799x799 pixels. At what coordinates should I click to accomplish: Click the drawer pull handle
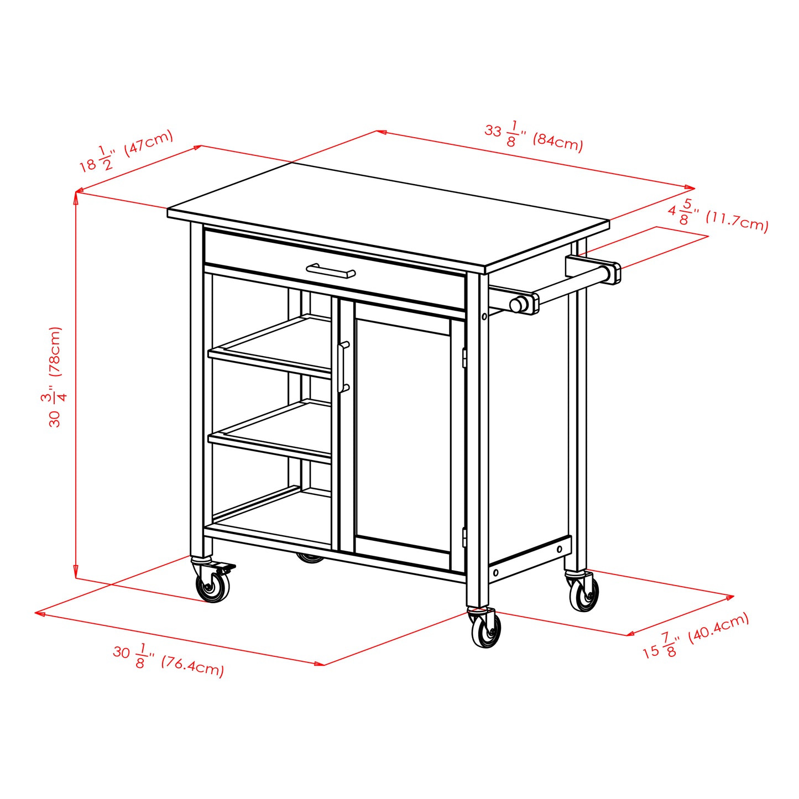coord(331,271)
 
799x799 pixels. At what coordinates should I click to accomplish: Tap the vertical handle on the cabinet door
coord(343,367)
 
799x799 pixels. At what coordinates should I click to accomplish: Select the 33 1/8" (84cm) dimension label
coord(534,135)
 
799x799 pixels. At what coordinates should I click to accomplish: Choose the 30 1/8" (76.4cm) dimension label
coord(169,659)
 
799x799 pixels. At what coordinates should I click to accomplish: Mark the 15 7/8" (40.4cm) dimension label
coord(696,636)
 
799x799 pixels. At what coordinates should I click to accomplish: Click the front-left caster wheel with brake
coord(213,587)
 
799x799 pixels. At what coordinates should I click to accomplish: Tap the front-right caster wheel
coord(486,630)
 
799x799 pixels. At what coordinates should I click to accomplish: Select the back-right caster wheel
coord(584,595)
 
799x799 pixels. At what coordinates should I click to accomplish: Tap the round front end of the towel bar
coord(519,304)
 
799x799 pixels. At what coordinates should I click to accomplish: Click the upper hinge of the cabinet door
coord(464,357)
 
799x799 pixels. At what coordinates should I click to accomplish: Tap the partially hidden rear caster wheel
coord(311,558)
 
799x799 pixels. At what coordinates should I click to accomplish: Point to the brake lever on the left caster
coord(226,568)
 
